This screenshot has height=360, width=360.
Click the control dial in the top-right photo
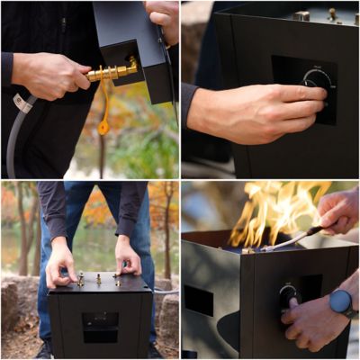(x=318, y=81)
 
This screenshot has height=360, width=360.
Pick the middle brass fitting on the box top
(x=98, y=279)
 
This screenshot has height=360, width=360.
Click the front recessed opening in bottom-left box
(x=99, y=325)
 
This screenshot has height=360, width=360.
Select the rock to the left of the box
(x=18, y=306)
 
